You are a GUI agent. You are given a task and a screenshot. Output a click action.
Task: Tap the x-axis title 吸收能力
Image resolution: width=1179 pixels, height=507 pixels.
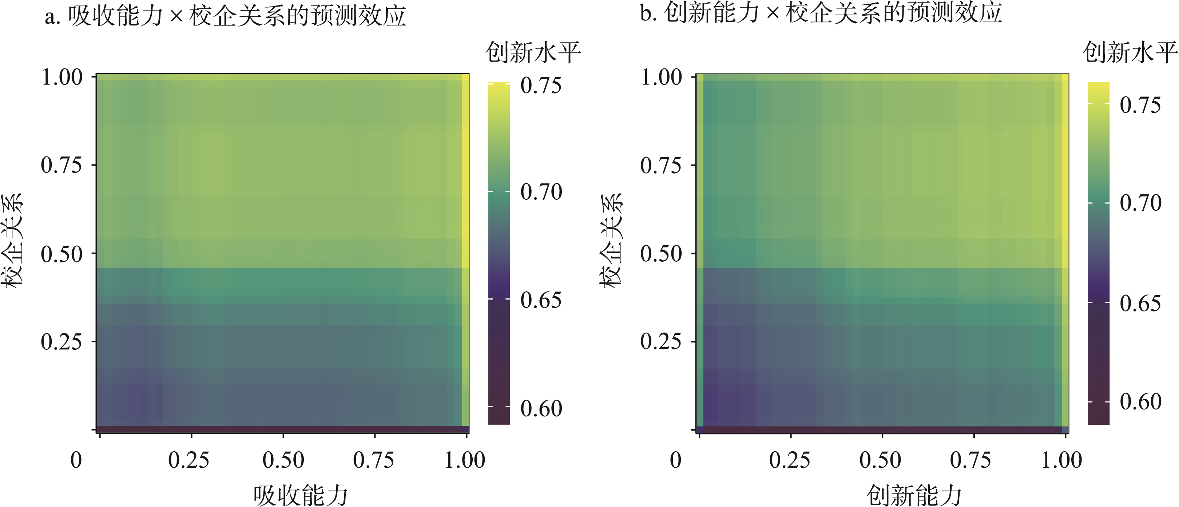click(301, 495)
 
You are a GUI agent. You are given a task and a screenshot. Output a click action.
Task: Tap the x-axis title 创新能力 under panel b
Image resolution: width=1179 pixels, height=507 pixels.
click(914, 495)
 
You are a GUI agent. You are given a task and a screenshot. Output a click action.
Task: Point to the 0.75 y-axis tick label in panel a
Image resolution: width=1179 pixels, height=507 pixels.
click(61, 165)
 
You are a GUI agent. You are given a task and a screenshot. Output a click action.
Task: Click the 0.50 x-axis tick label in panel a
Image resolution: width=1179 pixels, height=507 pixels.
click(283, 460)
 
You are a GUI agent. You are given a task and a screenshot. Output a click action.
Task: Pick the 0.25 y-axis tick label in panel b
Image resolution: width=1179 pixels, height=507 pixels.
click(661, 341)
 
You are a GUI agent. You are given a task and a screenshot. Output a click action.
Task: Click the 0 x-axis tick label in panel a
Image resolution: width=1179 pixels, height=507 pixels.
click(76, 460)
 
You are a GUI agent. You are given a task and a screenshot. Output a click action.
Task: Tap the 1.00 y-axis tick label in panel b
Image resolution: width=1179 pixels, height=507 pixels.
click(661, 77)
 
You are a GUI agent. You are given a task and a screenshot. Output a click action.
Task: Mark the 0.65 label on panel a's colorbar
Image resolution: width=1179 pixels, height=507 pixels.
click(541, 300)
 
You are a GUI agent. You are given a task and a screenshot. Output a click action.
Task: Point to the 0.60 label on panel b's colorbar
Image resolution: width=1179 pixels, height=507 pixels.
click(1140, 402)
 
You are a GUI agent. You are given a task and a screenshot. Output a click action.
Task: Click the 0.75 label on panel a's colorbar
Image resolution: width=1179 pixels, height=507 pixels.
click(541, 86)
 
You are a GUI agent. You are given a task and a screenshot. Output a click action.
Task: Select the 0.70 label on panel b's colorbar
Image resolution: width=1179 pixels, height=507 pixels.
click(1140, 203)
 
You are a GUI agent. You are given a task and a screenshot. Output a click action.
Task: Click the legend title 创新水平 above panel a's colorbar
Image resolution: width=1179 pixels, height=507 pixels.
click(533, 52)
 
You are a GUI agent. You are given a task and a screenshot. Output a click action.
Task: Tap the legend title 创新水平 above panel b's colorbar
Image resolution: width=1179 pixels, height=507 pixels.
click(1131, 52)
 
